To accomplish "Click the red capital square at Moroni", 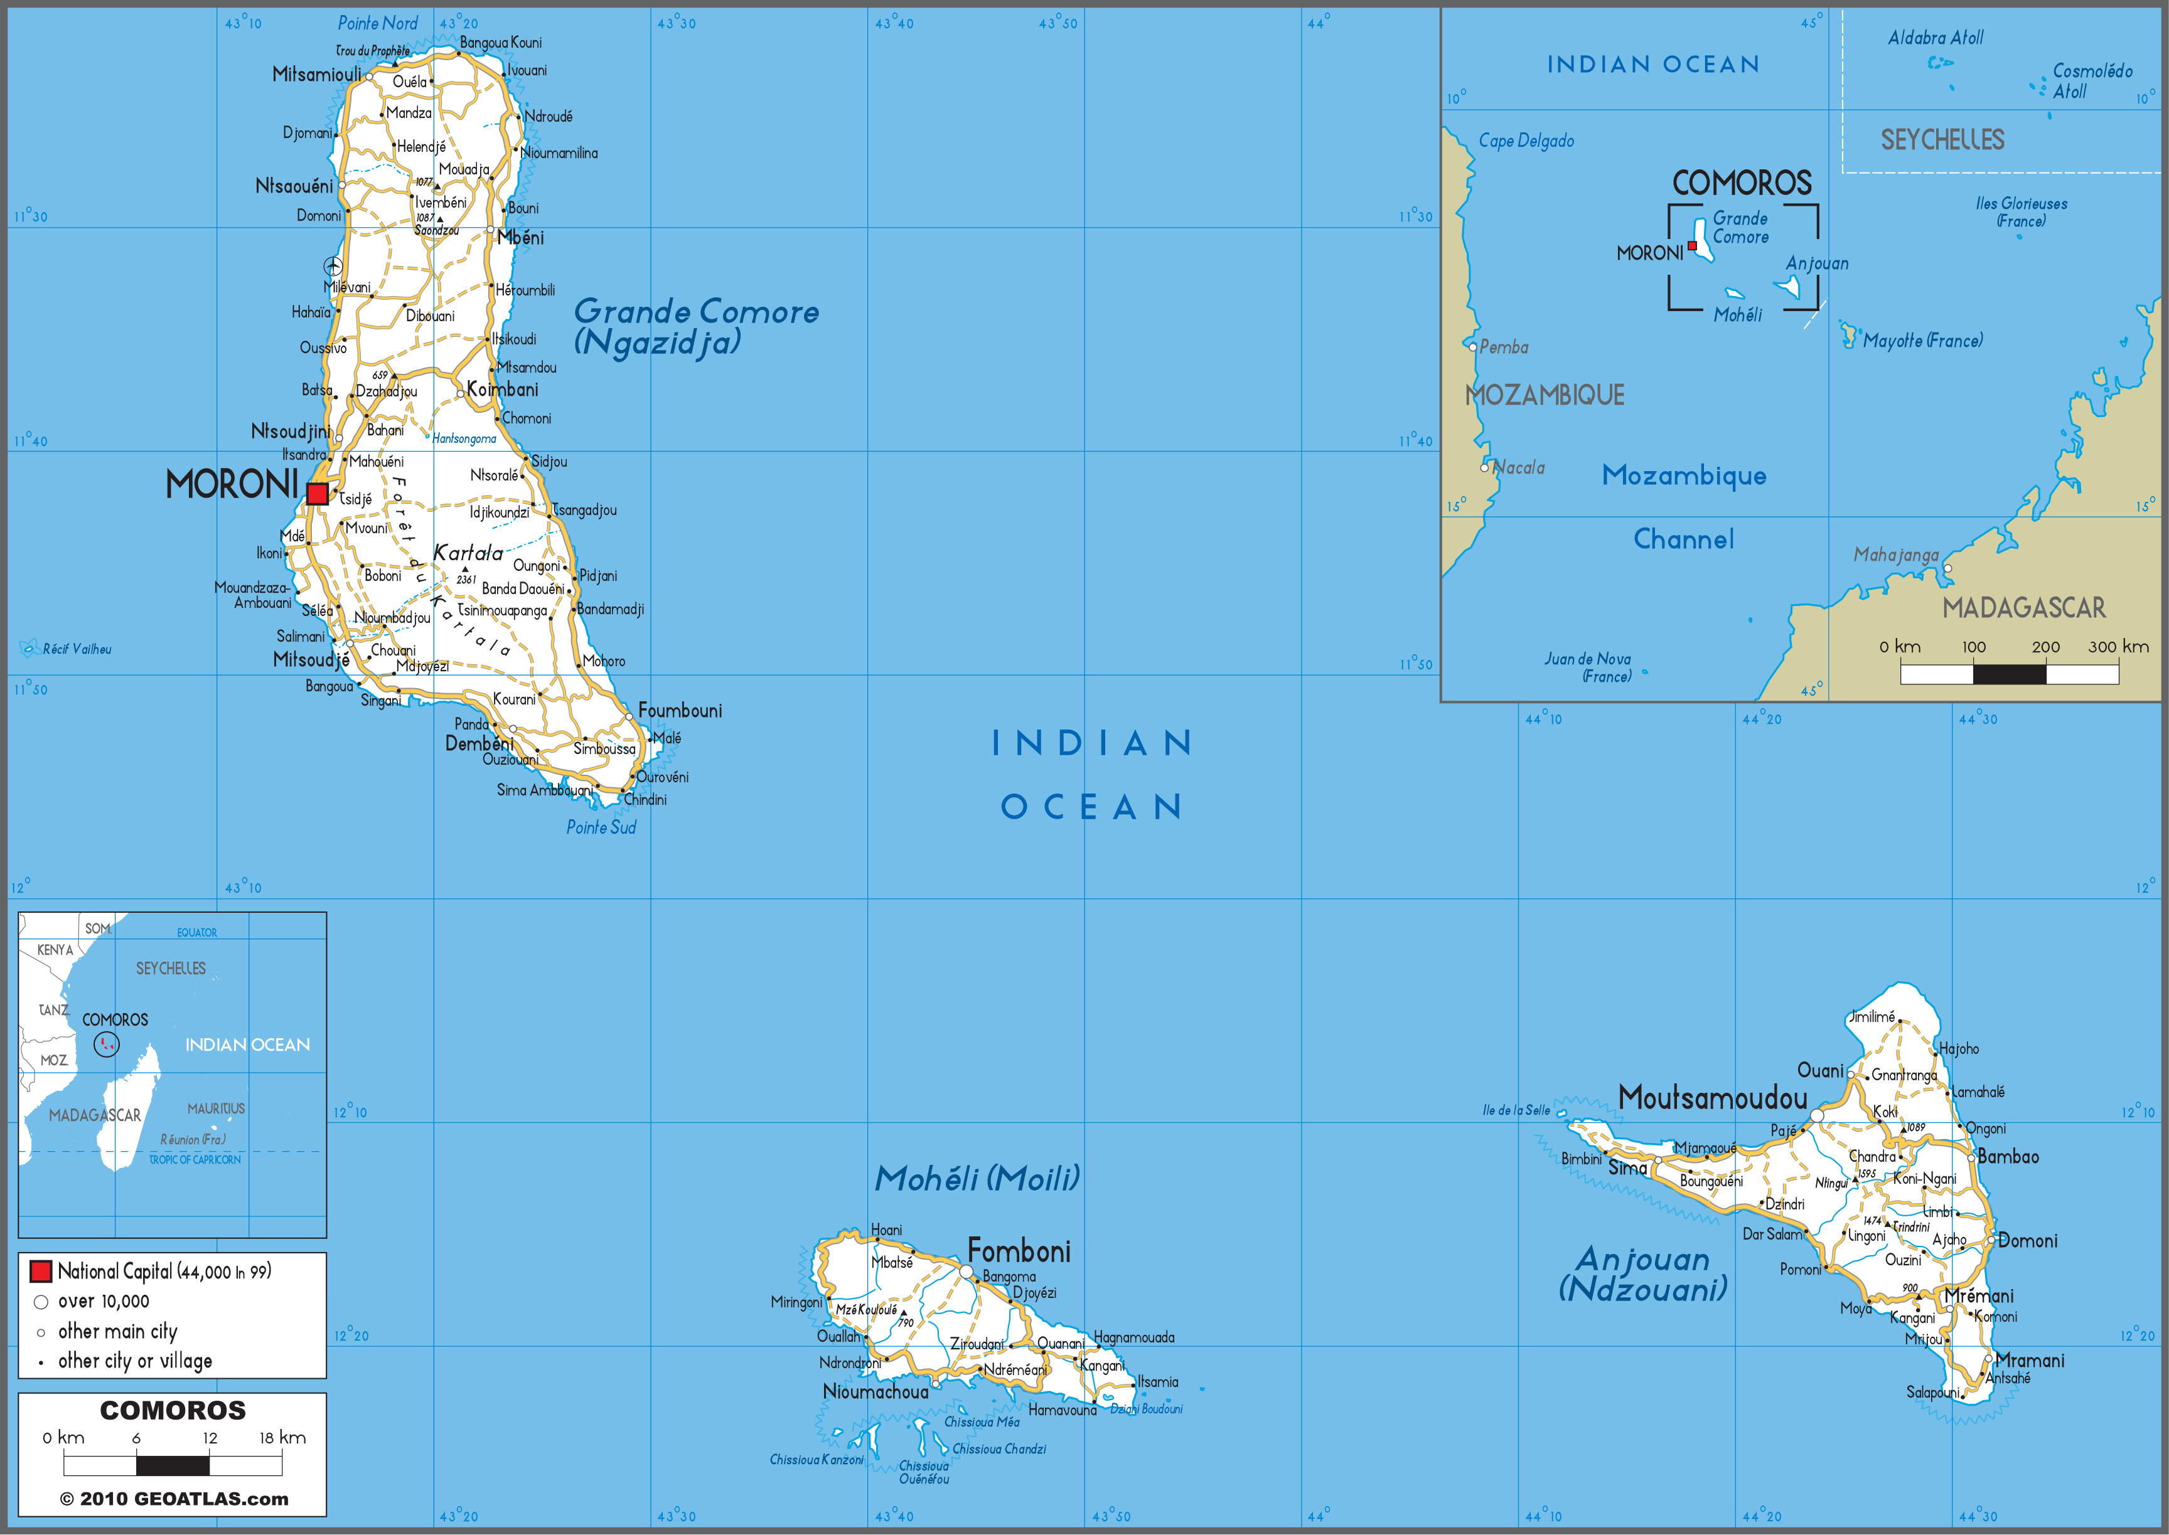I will pos(317,494).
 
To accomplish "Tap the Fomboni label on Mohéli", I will pos(1019,1252).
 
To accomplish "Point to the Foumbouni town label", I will pos(680,711).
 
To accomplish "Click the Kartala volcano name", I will pos(468,553).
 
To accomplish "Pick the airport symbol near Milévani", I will pos(333,265).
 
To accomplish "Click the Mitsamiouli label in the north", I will pos(316,74).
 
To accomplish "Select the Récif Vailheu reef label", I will pos(77,649).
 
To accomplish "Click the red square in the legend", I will pos(41,1272).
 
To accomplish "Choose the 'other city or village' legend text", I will pos(135,1361).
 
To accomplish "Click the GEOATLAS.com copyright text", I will pos(174,1499).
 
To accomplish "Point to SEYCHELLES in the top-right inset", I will pos(1942,140).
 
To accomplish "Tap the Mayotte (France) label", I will pos(1922,340).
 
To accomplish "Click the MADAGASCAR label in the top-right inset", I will pos(2023,608).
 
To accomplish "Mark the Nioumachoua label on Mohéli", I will pos(876,1392).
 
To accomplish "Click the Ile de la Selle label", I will pos(1516,1110).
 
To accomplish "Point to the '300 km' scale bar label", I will pos(2118,647).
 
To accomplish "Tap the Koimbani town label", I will pos(502,390).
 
